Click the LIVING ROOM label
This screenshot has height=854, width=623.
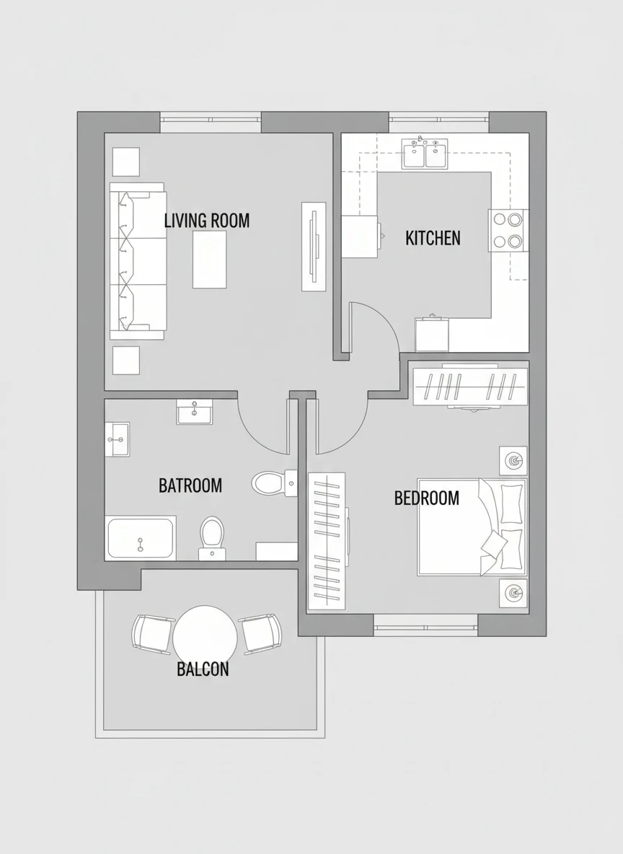pyautogui.click(x=207, y=221)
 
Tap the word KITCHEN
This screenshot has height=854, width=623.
pyautogui.click(x=433, y=238)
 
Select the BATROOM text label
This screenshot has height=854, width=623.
pyautogui.click(x=190, y=485)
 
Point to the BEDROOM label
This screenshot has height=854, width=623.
pyautogui.click(x=427, y=498)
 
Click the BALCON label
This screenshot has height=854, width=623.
pyautogui.click(x=203, y=669)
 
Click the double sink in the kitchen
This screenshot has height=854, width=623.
pyautogui.click(x=425, y=154)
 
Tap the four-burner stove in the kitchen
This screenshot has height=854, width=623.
pyautogui.click(x=508, y=230)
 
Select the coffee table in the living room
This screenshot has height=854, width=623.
pyautogui.click(x=210, y=259)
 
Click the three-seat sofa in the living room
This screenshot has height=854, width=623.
pyautogui.click(x=138, y=261)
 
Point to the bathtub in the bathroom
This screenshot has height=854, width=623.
pyautogui.click(x=141, y=538)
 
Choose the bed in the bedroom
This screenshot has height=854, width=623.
pyautogui.click(x=472, y=527)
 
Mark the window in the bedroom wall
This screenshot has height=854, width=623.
pyautogui.click(x=426, y=625)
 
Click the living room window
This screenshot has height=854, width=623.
pyautogui.click(x=211, y=123)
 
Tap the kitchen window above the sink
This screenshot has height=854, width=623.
pyautogui.click(x=439, y=123)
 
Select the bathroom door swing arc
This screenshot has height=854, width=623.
pyautogui.click(x=256, y=436)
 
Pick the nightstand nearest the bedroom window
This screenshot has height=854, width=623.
pyautogui.click(x=513, y=593)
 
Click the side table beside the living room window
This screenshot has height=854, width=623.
pyautogui.click(x=125, y=162)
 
